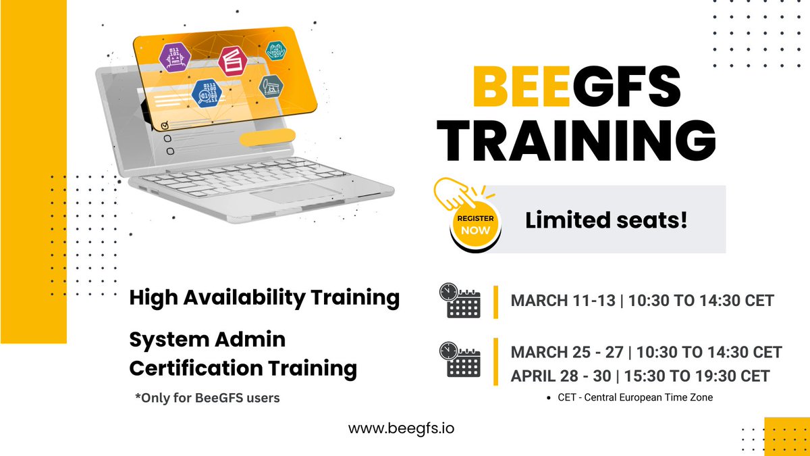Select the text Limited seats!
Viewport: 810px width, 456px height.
pos(606,220)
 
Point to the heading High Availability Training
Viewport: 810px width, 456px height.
pos(264,297)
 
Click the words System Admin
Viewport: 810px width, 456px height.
pos(207,339)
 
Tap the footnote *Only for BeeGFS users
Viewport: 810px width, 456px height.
pos(207,398)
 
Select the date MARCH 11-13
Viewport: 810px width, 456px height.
pos(563,301)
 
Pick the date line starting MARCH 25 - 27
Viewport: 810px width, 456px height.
pos(646,352)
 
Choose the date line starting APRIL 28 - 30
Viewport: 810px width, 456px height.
pos(640,376)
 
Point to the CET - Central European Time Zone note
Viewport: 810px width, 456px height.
pos(635,397)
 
